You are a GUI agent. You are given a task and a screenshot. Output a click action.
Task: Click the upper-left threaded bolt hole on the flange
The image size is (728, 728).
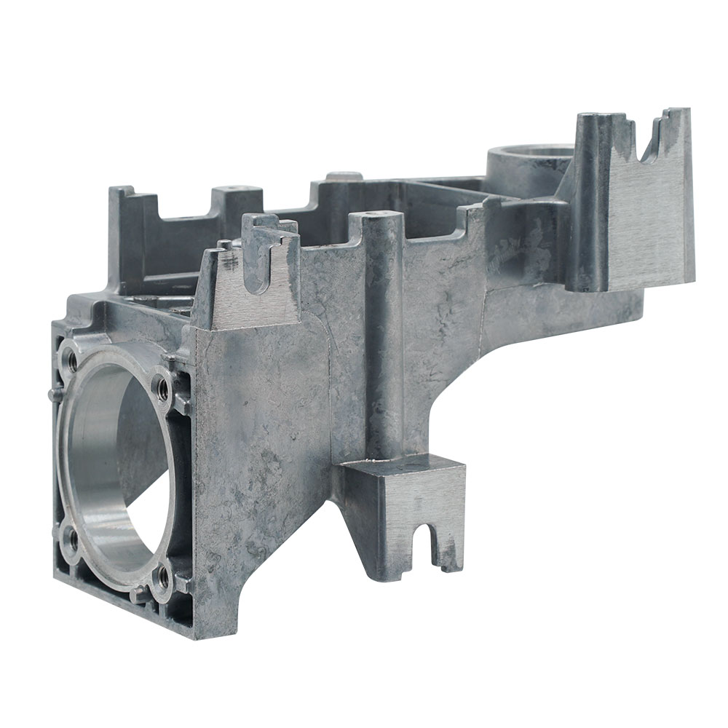click(x=71, y=358)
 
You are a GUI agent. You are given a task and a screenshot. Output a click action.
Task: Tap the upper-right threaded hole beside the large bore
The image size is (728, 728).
click(x=162, y=388)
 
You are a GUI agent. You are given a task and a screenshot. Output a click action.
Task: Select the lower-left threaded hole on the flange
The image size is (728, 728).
click(x=71, y=539)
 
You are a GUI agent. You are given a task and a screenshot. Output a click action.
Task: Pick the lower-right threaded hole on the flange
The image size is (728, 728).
click(x=163, y=577)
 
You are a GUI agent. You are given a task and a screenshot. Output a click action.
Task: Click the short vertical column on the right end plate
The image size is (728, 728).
click(x=590, y=204)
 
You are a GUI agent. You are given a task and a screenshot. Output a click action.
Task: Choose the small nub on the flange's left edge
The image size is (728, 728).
click(x=50, y=394)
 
